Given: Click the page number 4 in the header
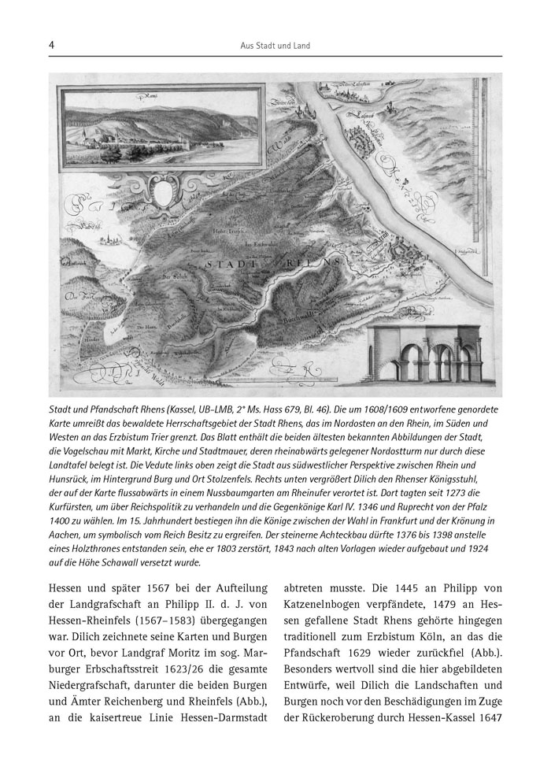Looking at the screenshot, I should coord(51,46).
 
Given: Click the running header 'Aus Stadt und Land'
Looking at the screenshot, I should coord(275,46).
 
